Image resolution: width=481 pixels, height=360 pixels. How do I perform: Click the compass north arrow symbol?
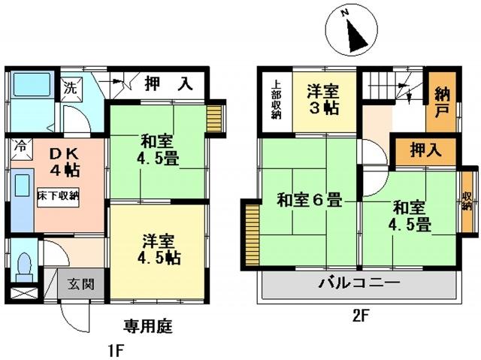coord(355,35)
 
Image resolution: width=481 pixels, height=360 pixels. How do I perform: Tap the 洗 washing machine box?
coord(71,89)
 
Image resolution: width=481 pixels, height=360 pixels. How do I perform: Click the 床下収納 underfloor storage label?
coord(59,196)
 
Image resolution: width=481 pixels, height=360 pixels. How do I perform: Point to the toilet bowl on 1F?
coord(25,266)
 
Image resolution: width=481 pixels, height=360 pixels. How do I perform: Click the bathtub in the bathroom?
coord(32,85)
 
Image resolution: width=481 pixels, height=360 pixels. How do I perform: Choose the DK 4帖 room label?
coord(65,162)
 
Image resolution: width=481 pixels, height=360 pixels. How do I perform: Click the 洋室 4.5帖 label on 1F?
coord(159,250)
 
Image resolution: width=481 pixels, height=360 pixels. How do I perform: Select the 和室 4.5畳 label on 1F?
coord(158,150)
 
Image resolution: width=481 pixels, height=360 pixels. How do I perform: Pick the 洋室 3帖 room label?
coord(323,100)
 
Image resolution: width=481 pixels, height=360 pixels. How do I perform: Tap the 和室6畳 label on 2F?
coord(310,201)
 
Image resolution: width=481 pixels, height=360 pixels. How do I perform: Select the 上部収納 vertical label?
coord(276,100)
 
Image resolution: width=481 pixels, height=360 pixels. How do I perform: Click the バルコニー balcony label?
coord(359,282)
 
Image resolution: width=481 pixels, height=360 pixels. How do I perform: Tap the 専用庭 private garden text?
coord(148,326)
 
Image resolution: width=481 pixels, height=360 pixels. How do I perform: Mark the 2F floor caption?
coord(360,316)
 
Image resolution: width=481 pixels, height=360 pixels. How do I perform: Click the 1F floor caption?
coord(116,350)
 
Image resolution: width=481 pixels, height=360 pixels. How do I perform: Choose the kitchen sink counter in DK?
coord(22,200)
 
